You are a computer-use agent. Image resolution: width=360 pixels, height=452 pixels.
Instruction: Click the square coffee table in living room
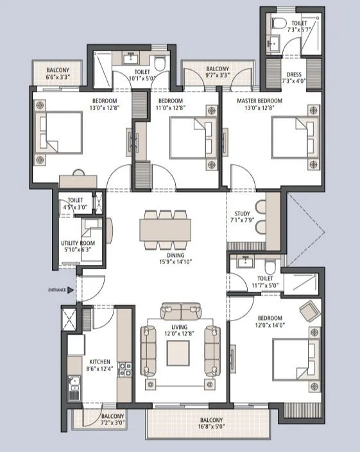pos(178,352)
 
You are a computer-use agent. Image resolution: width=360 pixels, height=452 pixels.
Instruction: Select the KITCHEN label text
pos(100,362)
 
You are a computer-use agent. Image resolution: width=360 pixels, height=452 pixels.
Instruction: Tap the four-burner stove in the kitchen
pos(125,369)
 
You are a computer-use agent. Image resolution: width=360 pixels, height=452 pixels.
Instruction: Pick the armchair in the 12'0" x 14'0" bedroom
pos(309,312)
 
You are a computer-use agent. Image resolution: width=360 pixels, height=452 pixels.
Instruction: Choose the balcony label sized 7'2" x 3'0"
pos(112,419)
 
